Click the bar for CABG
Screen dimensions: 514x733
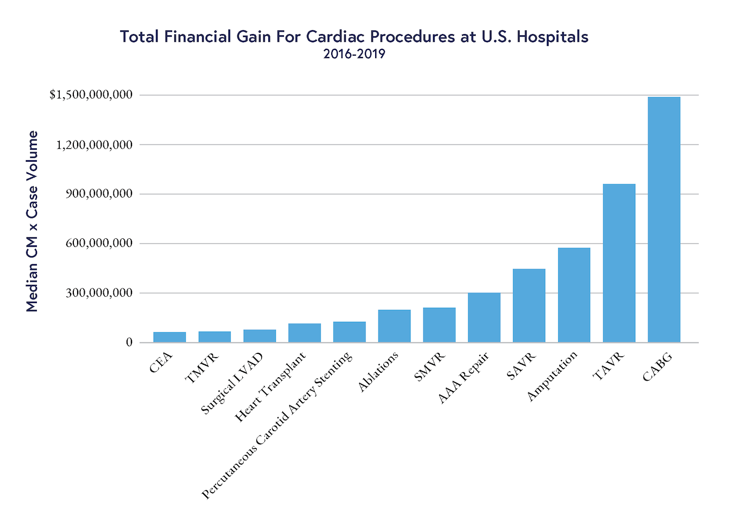point(664,219)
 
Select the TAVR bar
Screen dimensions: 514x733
point(619,263)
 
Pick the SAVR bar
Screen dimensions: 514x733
point(529,305)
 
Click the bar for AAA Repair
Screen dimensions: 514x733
point(484,318)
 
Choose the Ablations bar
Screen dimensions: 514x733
point(394,326)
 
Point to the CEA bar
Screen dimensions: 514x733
point(169,337)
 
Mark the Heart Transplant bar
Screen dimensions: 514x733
point(304,333)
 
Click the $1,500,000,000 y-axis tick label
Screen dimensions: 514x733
point(91,95)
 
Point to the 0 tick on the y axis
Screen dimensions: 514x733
point(129,342)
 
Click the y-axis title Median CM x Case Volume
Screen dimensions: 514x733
point(33,221)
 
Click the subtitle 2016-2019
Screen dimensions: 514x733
point(354,54)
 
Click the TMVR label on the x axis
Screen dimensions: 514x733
point(202,367)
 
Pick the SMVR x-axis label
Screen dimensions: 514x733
point(429,367)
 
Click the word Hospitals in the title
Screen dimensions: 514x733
point(552,36)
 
